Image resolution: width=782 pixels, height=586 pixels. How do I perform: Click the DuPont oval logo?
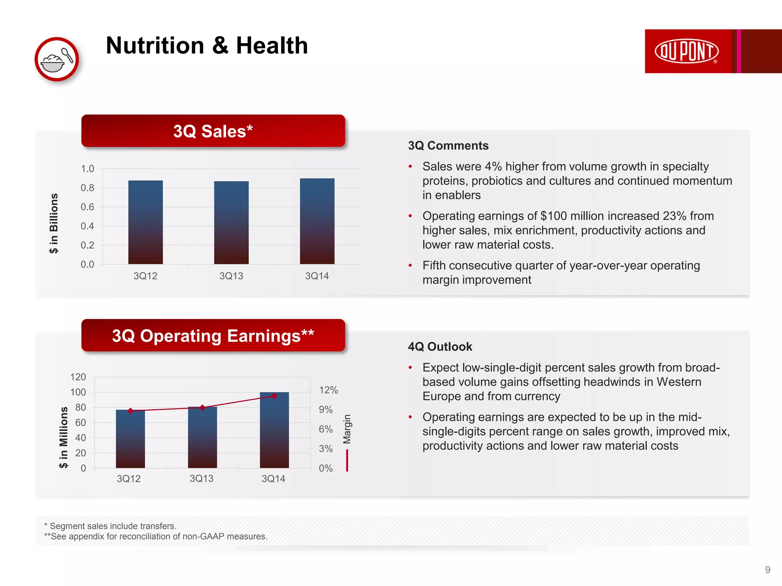686,51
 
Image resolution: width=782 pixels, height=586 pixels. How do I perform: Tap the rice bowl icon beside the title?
57,60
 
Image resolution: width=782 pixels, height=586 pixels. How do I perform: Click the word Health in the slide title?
271,46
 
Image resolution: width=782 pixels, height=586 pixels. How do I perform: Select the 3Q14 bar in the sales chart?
317,221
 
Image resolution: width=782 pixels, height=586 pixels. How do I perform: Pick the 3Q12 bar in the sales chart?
145,222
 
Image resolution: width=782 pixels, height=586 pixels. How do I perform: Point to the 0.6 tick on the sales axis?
87,207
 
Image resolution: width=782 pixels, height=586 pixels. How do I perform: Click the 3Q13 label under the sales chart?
231,276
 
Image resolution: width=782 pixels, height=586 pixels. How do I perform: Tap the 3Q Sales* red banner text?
213,131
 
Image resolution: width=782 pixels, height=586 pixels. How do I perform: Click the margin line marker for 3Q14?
274,396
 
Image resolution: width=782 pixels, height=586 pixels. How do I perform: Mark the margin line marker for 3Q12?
131,411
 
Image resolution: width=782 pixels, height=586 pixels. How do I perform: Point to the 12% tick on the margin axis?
328,390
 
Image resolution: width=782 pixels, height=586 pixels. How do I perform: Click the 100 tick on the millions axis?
78,392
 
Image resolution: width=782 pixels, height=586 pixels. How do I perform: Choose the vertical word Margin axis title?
347,429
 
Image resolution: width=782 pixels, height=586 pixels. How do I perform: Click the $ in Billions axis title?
54,223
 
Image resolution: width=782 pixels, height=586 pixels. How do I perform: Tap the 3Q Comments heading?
448,146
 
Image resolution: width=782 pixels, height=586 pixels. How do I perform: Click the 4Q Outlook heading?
440,347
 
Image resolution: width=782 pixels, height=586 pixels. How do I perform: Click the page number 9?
767,570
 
